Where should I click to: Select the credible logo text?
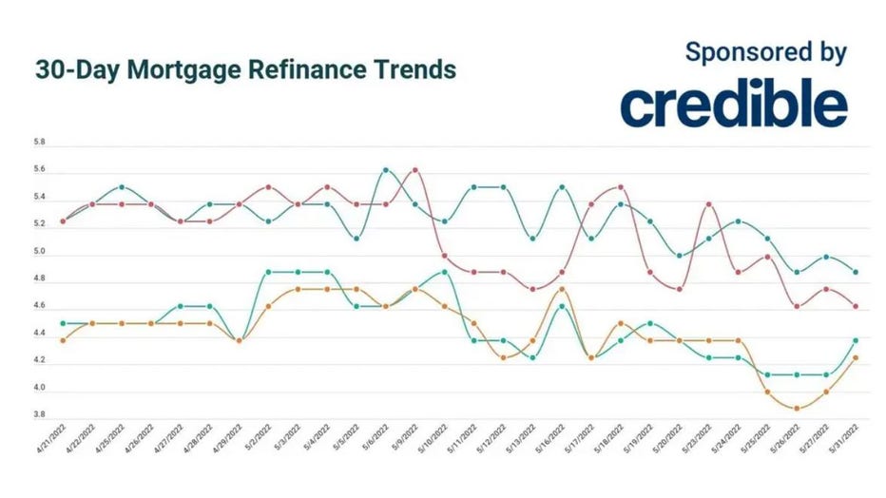(x=734, y=105)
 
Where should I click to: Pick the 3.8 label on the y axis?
(x=39, y=415)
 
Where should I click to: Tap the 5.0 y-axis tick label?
(x=39, y=255)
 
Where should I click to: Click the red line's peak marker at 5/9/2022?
(x=415, y=170)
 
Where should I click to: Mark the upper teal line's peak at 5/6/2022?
(x=386, y=170)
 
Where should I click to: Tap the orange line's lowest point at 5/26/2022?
(x=797, y=409)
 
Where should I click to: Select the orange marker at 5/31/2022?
(x=856, y=358)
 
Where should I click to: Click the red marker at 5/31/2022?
(x=856, y=306)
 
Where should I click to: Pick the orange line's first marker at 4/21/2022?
(x=63, y=340)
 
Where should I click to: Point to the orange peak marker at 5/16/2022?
(x=562, y=289)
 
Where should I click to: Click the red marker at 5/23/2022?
(x=708, y=204)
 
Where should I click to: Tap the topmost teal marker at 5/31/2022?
(x=856, y=272)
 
